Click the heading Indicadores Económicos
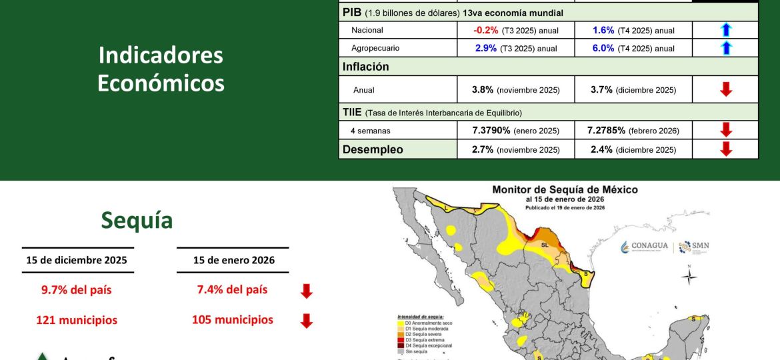click(x=161, y=69)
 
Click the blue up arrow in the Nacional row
click(x=726, y=30)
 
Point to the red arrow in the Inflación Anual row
click(x=726, y=89)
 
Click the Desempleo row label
click(x=373, y=149)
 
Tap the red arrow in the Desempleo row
click(x=726, y=149)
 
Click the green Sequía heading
click(x=137, y=220)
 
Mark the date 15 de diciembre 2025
click(x=77, y=260)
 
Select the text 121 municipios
click(x=77, y=320)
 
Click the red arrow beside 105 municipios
click(x=306, y=321)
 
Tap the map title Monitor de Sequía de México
click(x=565, y=190)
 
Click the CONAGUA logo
click(x=644, y=247)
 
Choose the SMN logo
click(x=693, y=247)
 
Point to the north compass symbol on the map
click(x=690, y=275)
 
